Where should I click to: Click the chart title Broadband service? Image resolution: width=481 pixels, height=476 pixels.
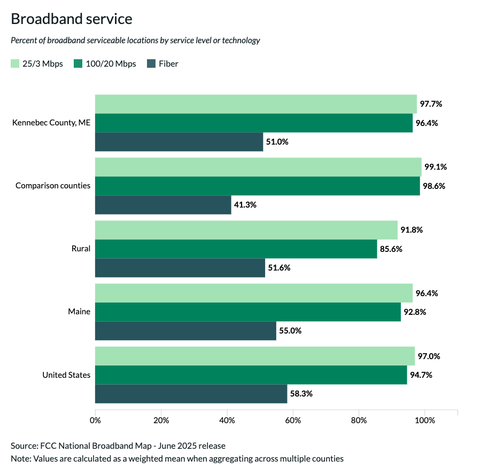click(x=71, y=19)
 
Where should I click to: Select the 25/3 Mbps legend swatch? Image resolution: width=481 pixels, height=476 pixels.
click(x=15, y=64)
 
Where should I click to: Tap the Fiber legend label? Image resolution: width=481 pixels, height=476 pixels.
click(x=168, y=64)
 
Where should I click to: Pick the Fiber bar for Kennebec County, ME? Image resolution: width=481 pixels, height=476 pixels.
click(x=179, y=142)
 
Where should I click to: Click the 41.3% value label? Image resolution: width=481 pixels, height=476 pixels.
click(x=246, y=205)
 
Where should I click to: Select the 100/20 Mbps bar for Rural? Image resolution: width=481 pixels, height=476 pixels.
click(x=236, y=249)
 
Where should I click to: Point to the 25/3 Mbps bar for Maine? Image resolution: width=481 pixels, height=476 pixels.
click(x=254, y=293)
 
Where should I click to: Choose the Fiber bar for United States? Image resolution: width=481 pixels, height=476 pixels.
click(x=191, y=394)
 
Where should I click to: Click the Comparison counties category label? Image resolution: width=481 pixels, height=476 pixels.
click(x=53, y=186)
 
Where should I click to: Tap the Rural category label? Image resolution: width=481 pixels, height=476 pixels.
click(x=81, y=249)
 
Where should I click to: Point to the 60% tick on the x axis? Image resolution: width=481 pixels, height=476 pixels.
click(x=293, y=420)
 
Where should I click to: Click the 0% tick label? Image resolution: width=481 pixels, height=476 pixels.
click(x=95, y=420)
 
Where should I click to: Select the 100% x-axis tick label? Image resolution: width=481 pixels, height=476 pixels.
click(x=425, y=420)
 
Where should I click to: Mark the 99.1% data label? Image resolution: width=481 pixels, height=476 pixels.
click(x=435, y=167)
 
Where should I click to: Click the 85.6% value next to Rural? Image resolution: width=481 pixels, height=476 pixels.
click(x=391, y=249)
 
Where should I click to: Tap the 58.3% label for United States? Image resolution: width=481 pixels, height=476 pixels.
click(x=301, y=394)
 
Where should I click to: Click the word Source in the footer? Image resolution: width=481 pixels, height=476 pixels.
click(x=23, y=446)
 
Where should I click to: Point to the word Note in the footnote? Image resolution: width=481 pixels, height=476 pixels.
click(x=19, y=458)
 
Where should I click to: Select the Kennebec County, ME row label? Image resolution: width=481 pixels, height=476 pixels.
click(x=51, y=123)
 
